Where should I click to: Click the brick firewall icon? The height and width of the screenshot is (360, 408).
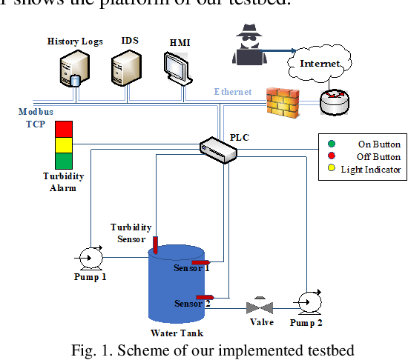click(284, 102)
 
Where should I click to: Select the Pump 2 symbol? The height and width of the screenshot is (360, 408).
click(306, 299)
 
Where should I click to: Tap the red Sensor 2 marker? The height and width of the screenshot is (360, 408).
click(205, 296)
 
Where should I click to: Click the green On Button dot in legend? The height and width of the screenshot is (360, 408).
click(330, 144)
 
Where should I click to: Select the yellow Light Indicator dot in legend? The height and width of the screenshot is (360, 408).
click(330, 169)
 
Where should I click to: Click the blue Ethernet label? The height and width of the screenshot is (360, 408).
click(232, 92)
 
